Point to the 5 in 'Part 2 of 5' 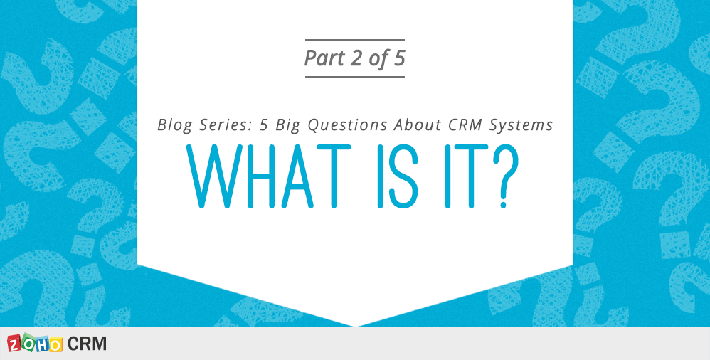pyautogui.click(x=398, y=58)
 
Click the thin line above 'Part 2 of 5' pyautogui.click(x=354, y=39)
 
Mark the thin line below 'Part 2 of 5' pyautogui.click(x=354, y=77)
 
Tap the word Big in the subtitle pyautogui.click(x=286, y=125)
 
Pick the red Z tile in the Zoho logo pyautogui.click(x=16, y=344)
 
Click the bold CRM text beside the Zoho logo pyautogui.click(x=88, y=344)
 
